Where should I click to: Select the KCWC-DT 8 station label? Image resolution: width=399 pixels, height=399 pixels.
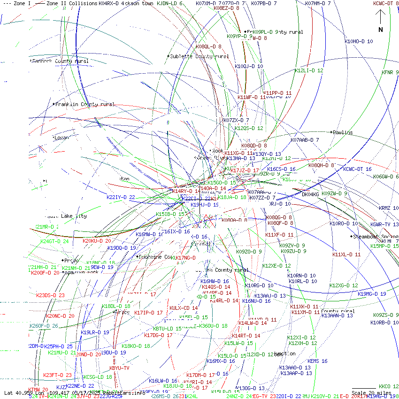386,3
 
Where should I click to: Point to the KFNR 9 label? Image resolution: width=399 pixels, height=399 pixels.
390,72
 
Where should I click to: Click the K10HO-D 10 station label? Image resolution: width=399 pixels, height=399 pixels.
359,41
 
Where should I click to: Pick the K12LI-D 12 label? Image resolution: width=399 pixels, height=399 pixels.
309,70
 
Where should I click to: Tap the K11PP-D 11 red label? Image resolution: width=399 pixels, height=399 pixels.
277,93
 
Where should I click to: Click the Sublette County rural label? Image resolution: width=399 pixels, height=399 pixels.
199,56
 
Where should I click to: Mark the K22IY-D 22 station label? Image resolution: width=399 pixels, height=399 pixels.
121,197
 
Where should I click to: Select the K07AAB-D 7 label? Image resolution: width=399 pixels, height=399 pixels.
305,140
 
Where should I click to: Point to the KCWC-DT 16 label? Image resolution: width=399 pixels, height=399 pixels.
357,169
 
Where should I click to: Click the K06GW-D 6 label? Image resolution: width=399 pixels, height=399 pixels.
386,176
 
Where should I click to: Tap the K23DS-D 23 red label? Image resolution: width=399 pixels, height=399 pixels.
50,295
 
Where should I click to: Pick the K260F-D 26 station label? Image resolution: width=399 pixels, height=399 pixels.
44,326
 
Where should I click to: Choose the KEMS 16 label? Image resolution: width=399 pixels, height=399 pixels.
317,361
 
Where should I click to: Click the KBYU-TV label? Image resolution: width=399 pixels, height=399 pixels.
119,368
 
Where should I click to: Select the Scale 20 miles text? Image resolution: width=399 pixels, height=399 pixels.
371,393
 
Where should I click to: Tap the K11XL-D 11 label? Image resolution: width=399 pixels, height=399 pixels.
346,254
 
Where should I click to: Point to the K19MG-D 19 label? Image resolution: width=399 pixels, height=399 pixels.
372,294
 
